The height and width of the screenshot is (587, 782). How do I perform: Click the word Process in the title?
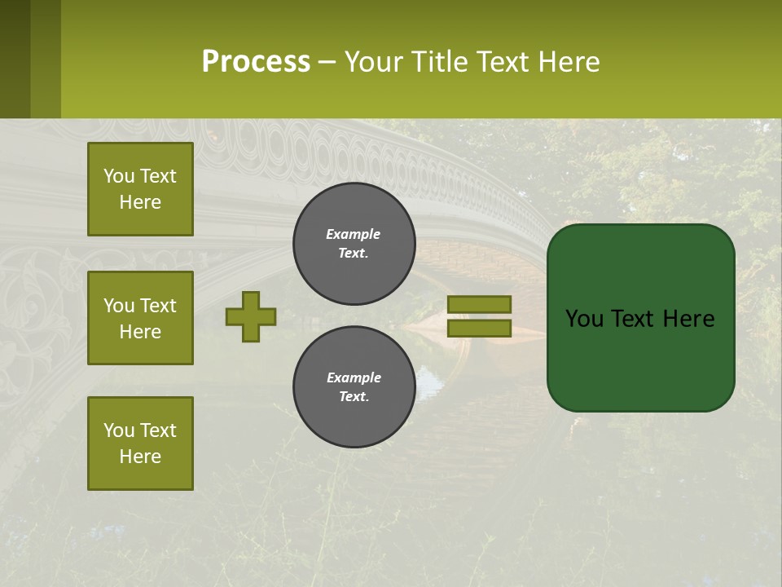pos(256,62)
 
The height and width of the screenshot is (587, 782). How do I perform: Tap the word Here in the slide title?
pos(568,62)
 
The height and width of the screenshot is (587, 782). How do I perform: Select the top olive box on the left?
pos(140,189)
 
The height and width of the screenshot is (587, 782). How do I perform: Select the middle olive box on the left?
pos(140,318)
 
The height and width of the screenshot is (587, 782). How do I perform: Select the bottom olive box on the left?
pos(140,444)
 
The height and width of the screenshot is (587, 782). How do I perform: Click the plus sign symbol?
pos(251,316)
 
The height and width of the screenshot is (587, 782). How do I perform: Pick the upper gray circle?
pos(354,244)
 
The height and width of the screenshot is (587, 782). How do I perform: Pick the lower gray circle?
pos(354,387)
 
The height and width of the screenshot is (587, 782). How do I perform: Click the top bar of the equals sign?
pos(479,304)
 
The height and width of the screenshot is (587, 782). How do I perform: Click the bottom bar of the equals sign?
pos(479,329)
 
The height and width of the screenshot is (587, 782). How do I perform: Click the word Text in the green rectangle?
pos(639,319)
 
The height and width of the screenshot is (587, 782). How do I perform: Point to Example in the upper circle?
pos(354,234)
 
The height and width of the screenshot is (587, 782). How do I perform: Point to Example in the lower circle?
pos(354,377)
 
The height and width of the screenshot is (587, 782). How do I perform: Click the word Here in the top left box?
pos(140,202)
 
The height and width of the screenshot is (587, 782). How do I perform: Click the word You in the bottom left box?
pos(119,430)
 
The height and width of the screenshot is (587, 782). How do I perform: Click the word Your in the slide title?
pos(372,62)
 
